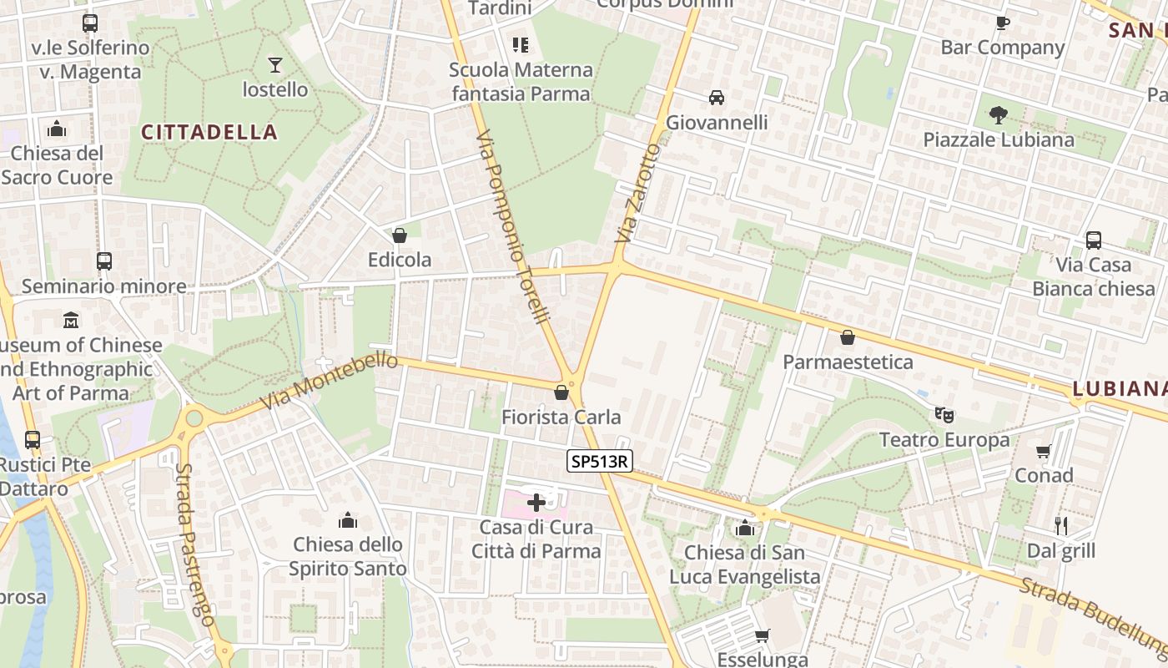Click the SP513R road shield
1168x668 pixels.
point(601,460)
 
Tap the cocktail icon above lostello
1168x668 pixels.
point(275,64)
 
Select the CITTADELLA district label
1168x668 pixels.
point(209,132)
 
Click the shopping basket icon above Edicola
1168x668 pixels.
point(400,235)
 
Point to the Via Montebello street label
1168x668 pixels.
point(329,381)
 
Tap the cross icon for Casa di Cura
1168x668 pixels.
point(536,503)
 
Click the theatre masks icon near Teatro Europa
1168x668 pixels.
point(944,414)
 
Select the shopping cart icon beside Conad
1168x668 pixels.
point(1044,451)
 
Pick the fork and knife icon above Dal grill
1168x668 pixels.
point(1061,525)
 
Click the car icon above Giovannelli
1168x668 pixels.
point(717,98)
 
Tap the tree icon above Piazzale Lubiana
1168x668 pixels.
point(999,114)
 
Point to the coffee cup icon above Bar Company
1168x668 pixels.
point(1003,23)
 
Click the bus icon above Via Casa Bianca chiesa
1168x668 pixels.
point(1094,240)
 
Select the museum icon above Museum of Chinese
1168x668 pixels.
point(71,320)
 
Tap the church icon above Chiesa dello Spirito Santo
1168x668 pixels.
point(348,520)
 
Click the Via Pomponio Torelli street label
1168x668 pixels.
point(514,226)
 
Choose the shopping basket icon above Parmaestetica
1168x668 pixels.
point(848,337)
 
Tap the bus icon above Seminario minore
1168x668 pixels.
point(104,261)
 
